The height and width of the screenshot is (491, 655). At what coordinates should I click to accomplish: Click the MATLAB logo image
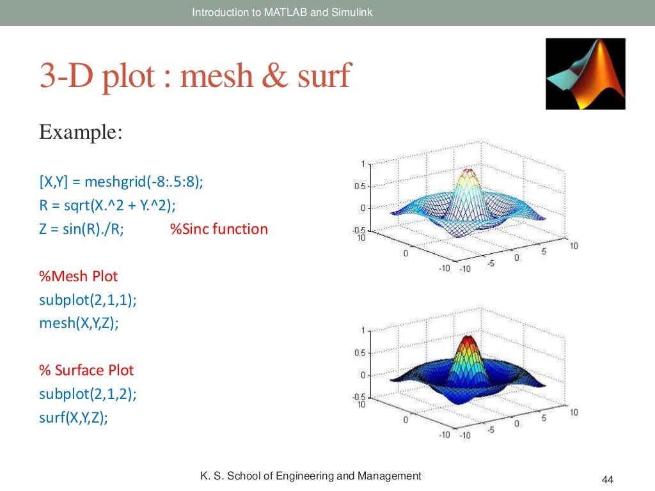(x=585, y=74)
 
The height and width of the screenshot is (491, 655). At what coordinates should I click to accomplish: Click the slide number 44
(x=608, y=479)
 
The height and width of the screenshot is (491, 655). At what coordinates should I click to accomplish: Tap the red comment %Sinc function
(x=219, y=229)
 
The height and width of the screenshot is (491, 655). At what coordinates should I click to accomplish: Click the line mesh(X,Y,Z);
(x=79, y=323)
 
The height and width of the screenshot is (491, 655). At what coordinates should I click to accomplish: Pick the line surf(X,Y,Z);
(x=73, y=417)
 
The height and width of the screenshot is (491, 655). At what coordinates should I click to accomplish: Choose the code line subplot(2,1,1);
(x=88, y=300)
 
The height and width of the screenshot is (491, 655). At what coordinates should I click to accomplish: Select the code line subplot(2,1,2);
(x=88, y=394)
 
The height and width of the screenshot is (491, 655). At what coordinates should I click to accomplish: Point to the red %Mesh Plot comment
(x=78, y=276)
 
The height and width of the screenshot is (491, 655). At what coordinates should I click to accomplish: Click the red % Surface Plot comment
(x=86, y=370)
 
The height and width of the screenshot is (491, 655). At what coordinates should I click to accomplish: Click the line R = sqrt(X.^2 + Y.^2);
(x=107, y=205)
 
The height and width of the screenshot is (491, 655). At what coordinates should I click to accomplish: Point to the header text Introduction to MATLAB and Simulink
(x=282, y=12)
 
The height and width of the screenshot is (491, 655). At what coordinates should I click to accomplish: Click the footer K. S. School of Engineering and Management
(x=311, y=476)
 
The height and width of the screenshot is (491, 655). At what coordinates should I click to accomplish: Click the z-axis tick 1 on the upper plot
(x=363, y=164)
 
